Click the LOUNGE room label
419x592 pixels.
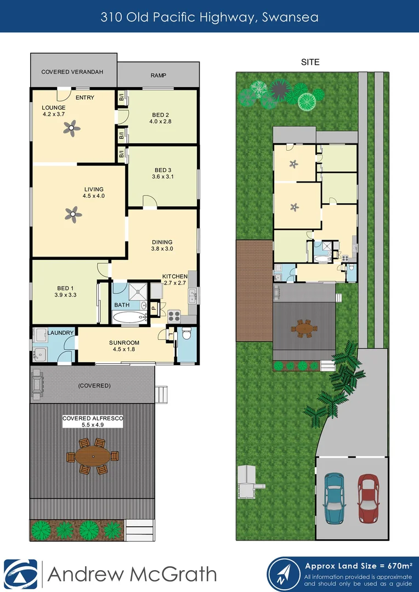pos(54,107)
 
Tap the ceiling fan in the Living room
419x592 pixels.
pos(71,213)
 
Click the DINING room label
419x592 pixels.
pos(162,242)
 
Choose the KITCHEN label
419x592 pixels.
pos(175,276)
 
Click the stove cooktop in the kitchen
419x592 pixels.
pos(174,316)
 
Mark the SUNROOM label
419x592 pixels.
pos(124,343)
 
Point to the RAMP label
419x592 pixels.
pos(158,76)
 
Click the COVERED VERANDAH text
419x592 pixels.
pos(72,72)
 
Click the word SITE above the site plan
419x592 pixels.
pos(310,62)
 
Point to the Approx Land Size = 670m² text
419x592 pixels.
pos(358,565)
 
